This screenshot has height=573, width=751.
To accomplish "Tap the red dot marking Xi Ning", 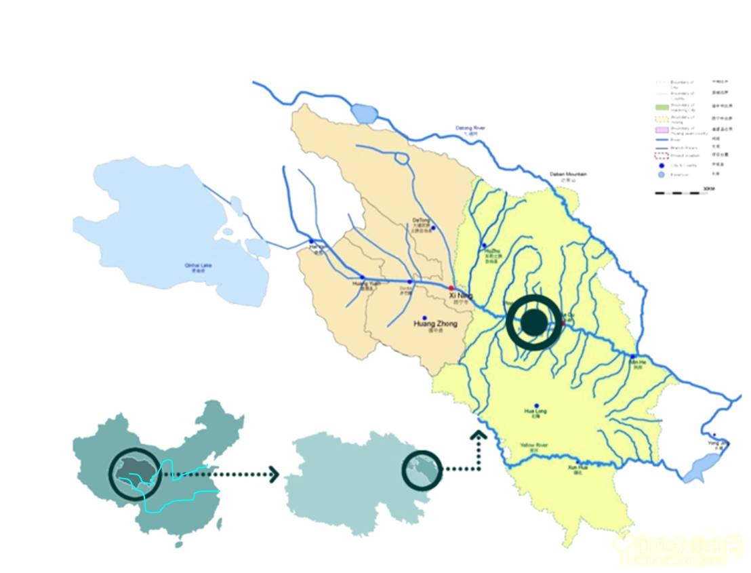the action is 451,288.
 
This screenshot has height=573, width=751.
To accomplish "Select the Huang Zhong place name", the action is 435,324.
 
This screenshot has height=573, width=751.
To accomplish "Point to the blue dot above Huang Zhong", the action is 424,317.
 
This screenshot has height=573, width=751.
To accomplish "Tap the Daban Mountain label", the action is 568,174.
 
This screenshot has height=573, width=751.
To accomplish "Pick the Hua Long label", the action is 535,412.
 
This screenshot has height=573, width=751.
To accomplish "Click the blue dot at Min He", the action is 633,357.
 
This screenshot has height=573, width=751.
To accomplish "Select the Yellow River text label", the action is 533,446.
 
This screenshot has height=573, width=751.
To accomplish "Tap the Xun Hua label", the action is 577,467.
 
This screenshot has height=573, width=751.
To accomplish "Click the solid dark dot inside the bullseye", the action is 534,323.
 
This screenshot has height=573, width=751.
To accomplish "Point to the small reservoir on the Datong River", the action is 363,113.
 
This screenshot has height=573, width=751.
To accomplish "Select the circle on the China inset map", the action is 135,473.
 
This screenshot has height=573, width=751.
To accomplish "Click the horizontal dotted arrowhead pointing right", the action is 274,474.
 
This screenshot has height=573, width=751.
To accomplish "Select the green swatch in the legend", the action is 662,107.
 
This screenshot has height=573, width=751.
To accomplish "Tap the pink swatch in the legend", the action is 662,130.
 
